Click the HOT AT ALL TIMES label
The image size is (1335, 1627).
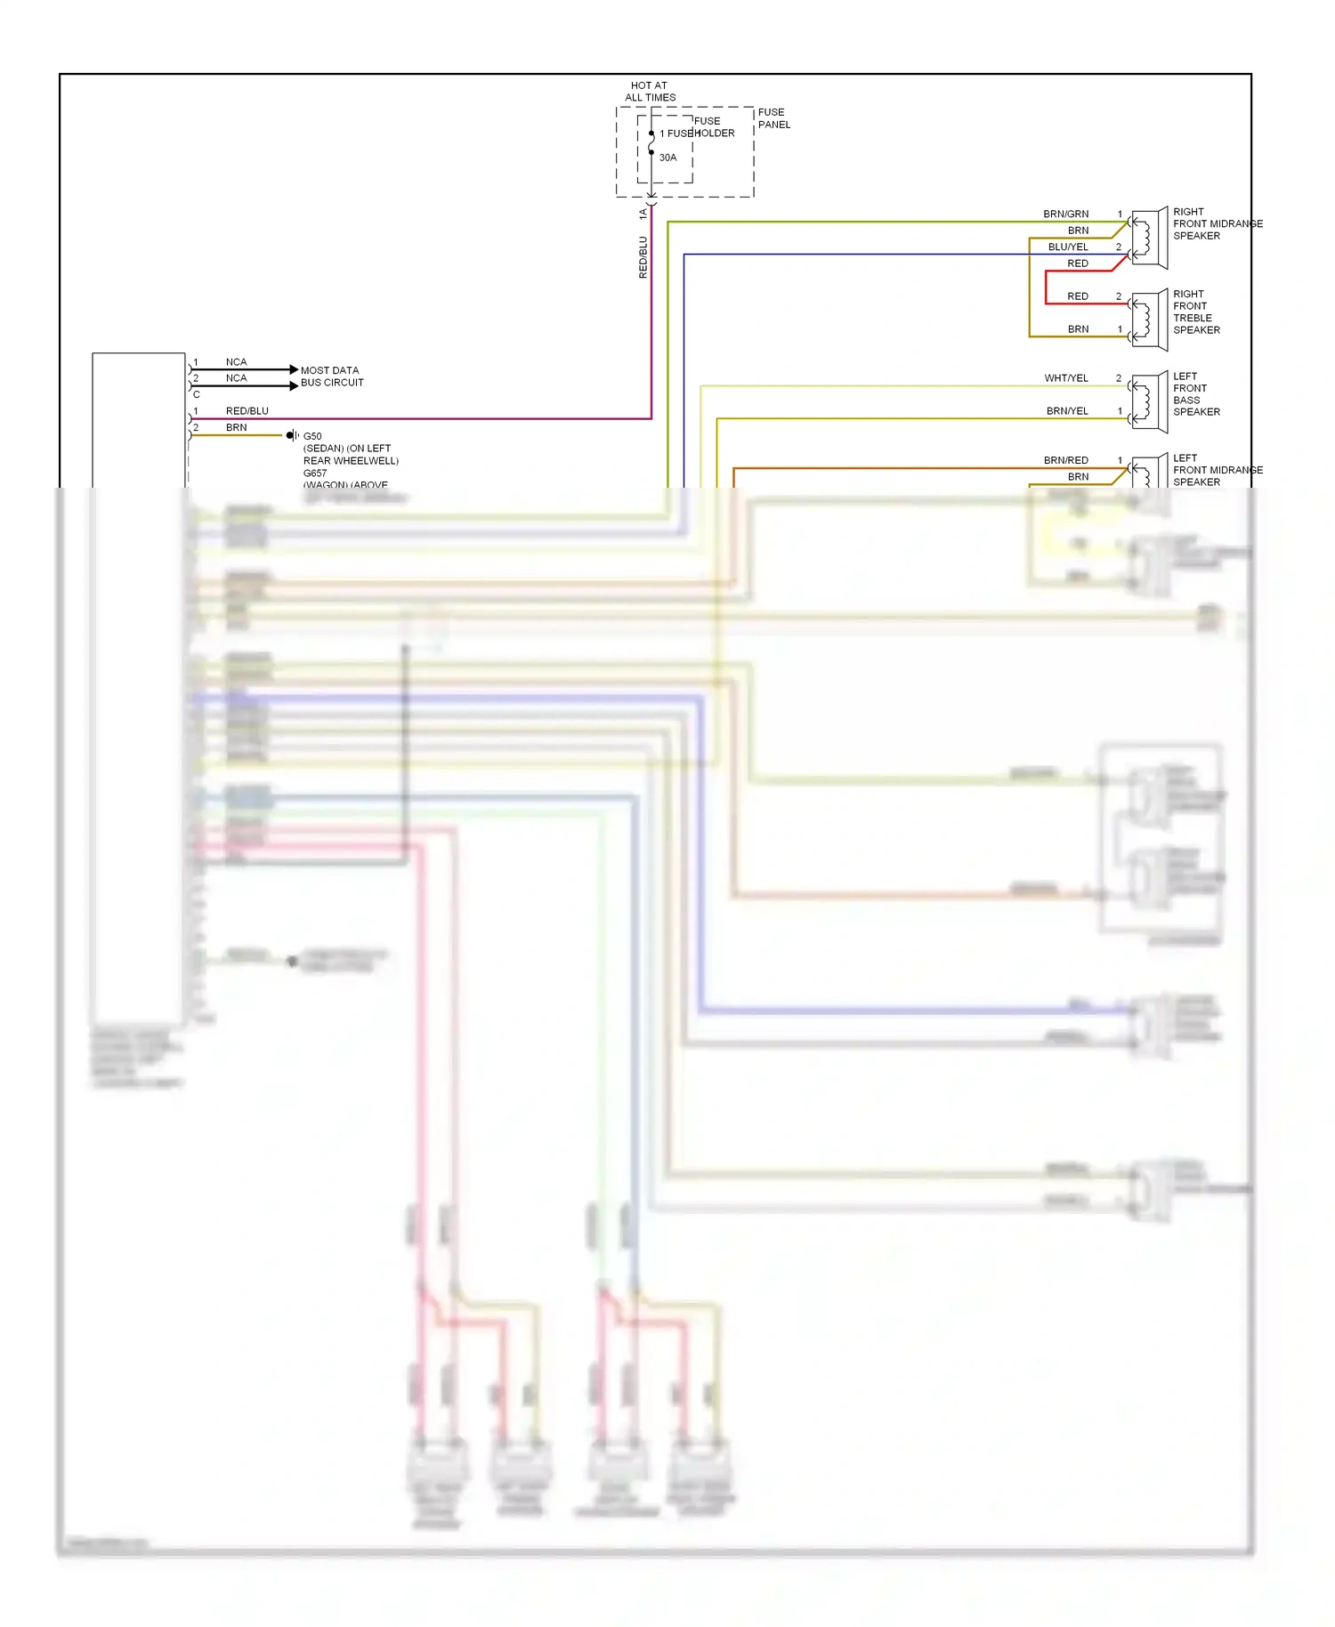pyautogui.click(x=650, y=92)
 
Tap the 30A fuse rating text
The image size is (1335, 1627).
pyautogui.click(x=667, y=158)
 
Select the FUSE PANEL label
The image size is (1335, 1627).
pyautogui.click(x=773, y=118)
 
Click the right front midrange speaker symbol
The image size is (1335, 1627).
pyautogui.click(x=1149, y=238)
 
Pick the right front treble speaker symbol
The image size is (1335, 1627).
pyautogui.click(x=1149, y=320)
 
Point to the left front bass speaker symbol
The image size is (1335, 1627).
pyautogui.click(x=1149, y=401)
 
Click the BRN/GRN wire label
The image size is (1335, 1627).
pyautogui.click(x=1065, y=215)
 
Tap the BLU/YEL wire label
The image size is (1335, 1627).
pyautogui.click(x=1068, y=247)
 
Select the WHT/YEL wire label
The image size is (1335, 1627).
pyautogui.click(x=1066, y=378)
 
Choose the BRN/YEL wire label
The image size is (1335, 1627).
pyautogui.click(x=1067, y=411)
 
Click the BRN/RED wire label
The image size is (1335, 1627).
pyautogui.click(x=1065, y=460)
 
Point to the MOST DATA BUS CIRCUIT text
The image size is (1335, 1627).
pyautogui.click(x=332, y=376)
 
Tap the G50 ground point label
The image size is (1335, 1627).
pyautogui.click(x=312, y=436)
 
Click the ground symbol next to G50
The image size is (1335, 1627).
pyautogui.click(x=291, y=435)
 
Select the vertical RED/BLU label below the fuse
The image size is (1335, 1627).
pyautogui.click(x=643, y=257)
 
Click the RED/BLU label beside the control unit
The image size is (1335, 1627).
pyautogui.click(x=247, y=411)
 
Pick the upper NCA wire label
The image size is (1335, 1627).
pyautogui.click(x=236, y=362)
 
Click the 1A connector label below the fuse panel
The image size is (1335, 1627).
pyautogui.click(x=643, y=215)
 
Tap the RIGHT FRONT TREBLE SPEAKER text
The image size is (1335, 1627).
pyautogui.click(x=1196, y=312)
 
